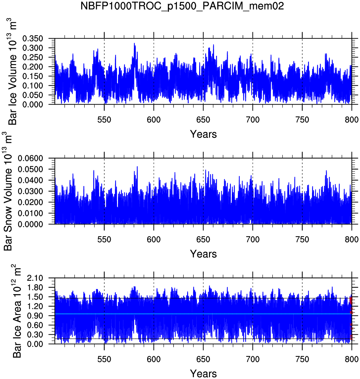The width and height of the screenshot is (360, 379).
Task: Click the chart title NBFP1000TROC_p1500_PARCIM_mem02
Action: pyautogui.click(x=182, y=6)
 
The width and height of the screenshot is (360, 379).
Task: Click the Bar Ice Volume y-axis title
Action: pyautogui.click(x=12, y=72)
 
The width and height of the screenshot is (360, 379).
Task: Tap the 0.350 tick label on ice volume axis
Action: pyautogui.click(x=33, y=39)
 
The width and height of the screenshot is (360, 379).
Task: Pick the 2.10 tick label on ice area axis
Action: pyautogui.click(x=36, y=278)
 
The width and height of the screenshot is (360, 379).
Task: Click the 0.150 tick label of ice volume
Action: pyautogui.click(x=33, y=76)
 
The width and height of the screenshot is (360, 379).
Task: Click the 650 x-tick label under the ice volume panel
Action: pyautogui.click(x=203, y=120)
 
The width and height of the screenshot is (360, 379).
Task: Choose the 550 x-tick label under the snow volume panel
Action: pyautogui.click(x=104, y=240)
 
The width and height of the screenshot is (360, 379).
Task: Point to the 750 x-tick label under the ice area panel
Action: pyautogui.click(x=302, y=359)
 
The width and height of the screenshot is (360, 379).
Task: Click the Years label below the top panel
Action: pyautogui.click(x=203, y=134)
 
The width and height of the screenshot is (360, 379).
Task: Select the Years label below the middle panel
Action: pyautogui.click(x=203, y=254)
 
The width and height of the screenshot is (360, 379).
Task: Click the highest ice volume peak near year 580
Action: pyautogui.click(x=134, y=43)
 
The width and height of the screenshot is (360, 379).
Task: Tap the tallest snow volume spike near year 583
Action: pyautogui.click(x=137, y=167)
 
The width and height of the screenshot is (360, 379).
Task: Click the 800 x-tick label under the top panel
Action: pyautogui.click(x=351, y=120)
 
